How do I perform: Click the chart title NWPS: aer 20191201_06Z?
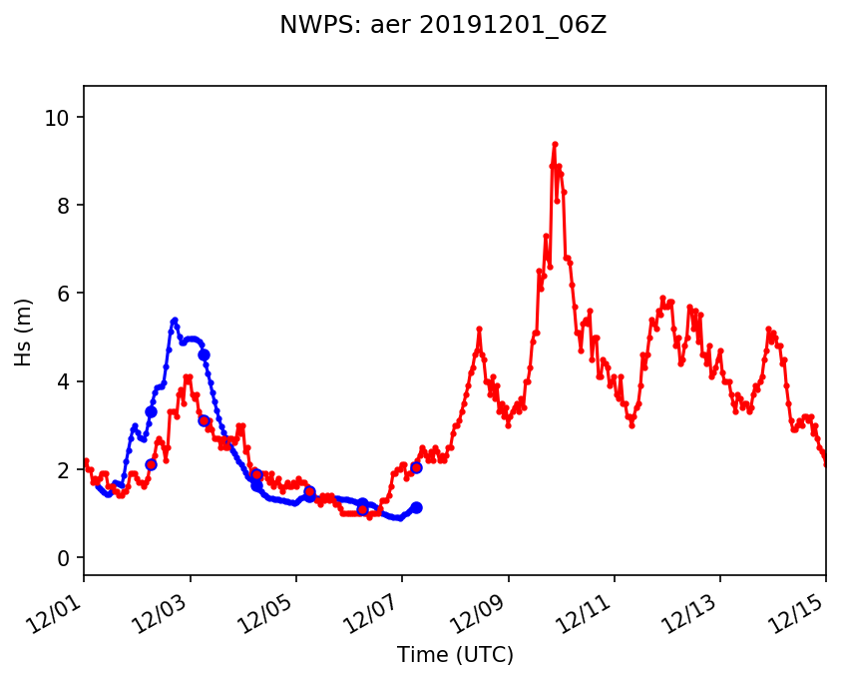tap(443, 26)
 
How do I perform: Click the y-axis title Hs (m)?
tap(23, 332)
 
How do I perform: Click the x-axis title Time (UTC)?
tap(455, 655)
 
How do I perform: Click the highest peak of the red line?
tap(555, 144)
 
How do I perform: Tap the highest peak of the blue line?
tap(175, 321)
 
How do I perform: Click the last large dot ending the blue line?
tap(416, 507)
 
